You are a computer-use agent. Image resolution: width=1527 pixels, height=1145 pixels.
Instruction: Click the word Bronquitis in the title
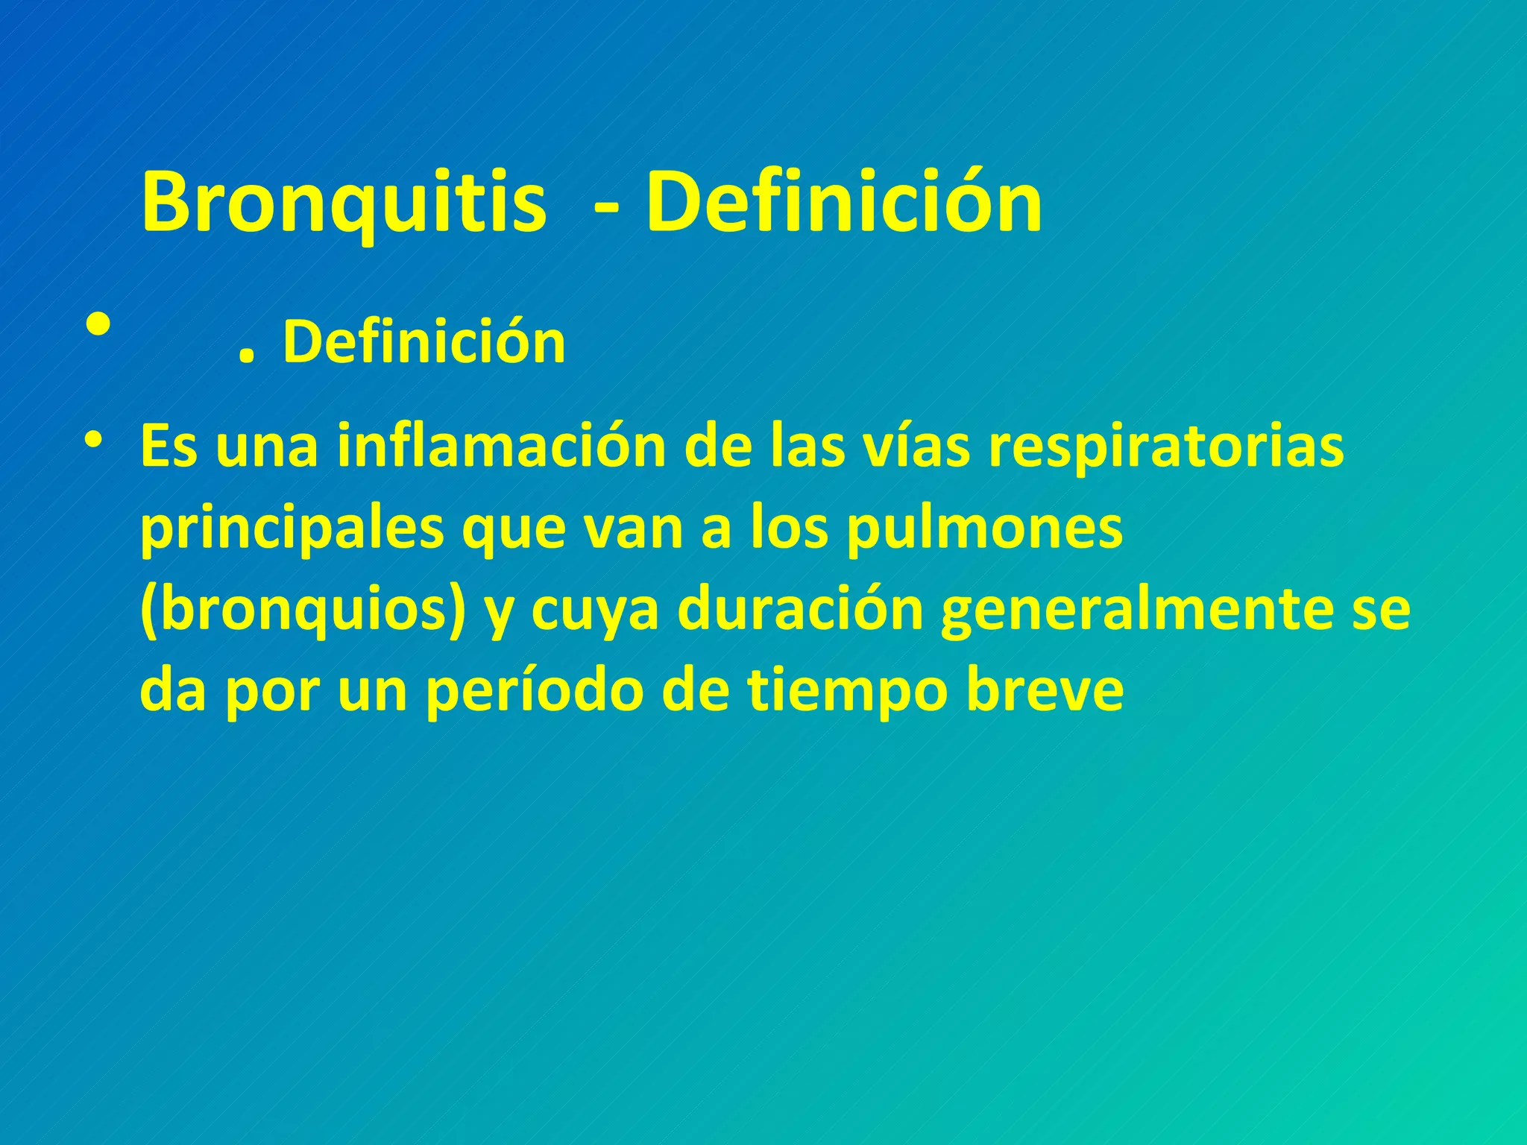343,204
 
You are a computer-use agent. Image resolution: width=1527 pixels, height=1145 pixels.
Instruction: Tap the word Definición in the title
844,202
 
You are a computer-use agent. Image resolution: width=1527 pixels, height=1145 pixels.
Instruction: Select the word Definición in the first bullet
424,342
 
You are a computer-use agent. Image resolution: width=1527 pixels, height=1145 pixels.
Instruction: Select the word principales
292,529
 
